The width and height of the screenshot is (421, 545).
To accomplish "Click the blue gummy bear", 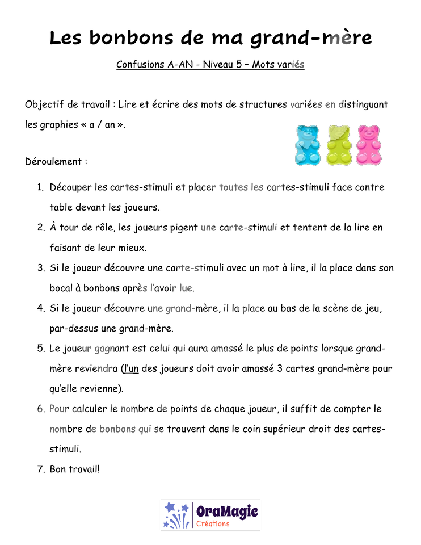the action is [x=308, y=145].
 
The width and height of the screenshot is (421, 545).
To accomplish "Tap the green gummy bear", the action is [x=339, y=145].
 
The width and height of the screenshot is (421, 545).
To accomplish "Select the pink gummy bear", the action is [x=369, y=145].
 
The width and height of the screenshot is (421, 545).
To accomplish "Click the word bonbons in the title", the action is [x=131, y=37].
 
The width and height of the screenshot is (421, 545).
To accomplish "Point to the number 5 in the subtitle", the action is [x=239, y=64].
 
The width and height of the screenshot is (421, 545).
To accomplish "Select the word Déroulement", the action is [x=53, y=161].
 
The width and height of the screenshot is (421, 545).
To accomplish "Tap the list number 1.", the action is [x=40, y=187].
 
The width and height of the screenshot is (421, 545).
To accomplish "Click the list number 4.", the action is [x=41, y=308].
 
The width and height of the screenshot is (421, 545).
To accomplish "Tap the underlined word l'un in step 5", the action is [x=131, y=368].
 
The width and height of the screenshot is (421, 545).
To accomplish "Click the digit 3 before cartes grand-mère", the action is [x=280, y=368].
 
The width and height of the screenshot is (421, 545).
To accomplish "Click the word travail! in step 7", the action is [x=83, y=469].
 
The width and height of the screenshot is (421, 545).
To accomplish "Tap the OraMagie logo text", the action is [x=227, y=512].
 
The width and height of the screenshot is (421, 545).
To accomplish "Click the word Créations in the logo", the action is [x=213, y=524].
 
